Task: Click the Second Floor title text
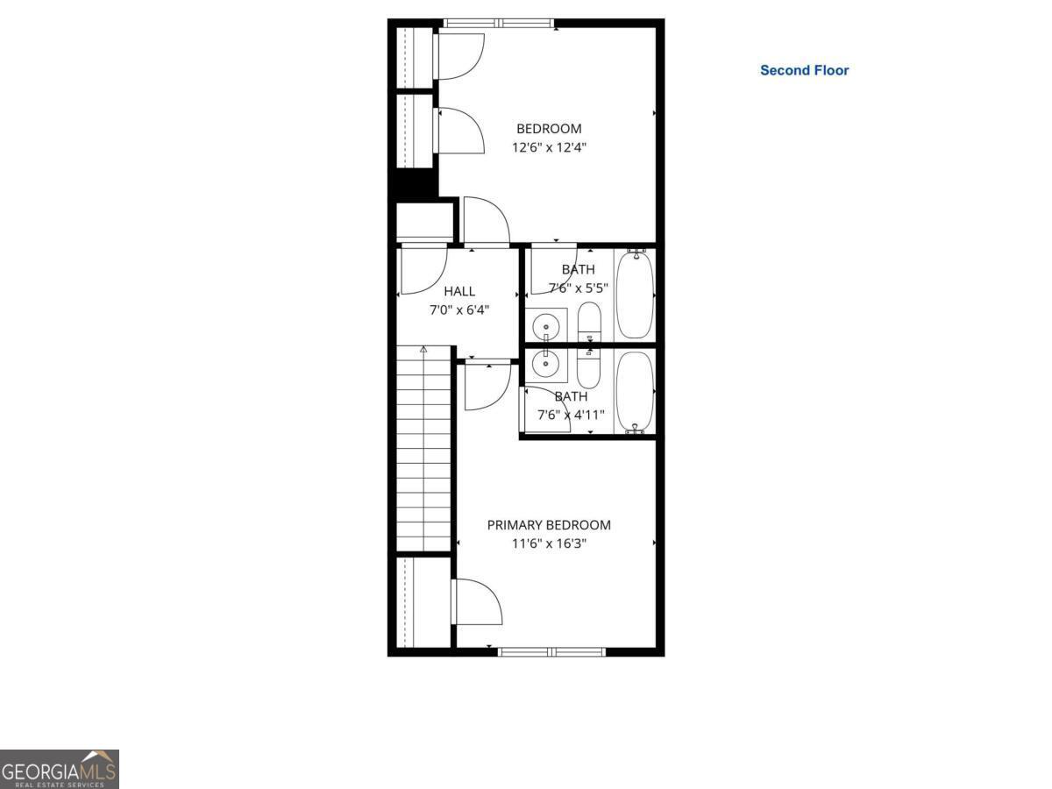coord(804,70)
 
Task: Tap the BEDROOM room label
coord(549,129)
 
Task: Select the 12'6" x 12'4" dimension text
coord(549,147)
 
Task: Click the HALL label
coord(459,291)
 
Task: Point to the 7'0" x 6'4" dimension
coord(459,309)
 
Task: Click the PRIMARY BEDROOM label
coord(549,525)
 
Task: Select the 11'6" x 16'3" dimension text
coord(549,544)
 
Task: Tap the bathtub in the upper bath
coord(635,295)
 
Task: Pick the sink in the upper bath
coord(547,324)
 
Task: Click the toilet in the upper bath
coord(590,322)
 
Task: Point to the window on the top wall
coord(498,23)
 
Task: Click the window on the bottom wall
coord(551,651)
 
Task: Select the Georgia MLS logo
coord(59,769)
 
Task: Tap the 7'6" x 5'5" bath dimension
coord(579,288)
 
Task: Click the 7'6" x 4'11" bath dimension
coord(571,415)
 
